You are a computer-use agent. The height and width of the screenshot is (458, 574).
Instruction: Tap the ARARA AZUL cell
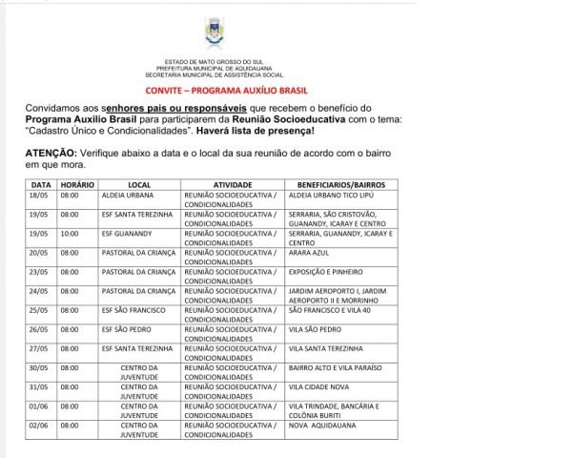309,253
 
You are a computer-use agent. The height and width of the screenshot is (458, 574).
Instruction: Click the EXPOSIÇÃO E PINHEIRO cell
329,272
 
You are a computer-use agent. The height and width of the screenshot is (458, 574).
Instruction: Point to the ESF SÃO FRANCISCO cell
135,311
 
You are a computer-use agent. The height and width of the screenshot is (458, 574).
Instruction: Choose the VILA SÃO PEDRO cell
315,330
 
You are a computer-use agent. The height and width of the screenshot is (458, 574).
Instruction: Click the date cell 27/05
39,350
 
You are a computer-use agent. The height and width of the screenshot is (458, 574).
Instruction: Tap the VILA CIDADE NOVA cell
318,387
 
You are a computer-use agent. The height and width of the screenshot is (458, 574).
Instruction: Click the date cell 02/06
39,426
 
